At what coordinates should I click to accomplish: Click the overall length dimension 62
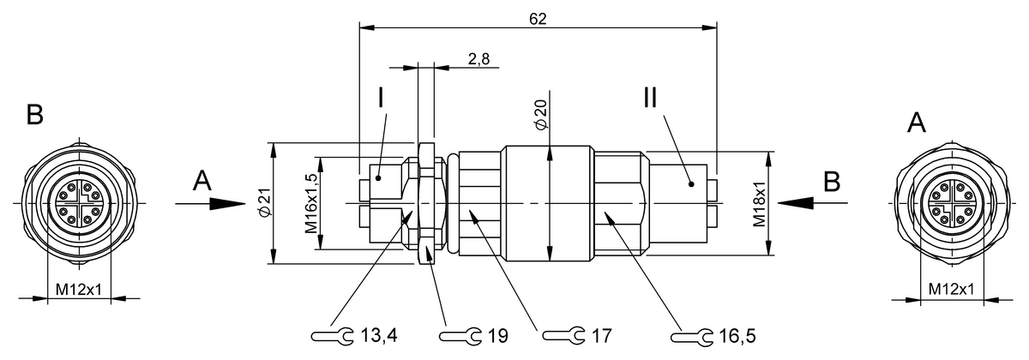click(x=538, y=18)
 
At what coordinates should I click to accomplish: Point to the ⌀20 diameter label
click(x=540, y=113)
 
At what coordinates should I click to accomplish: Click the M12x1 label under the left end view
click(x=79, y=290)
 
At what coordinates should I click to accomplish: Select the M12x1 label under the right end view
click(x=950, y=290)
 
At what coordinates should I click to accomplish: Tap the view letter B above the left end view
click(x=34, y=117)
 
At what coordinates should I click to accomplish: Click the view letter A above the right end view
click(x=916, y=125)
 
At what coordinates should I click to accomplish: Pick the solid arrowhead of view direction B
click(x=797, y=204)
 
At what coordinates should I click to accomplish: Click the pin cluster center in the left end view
click(x=79, y=203)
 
